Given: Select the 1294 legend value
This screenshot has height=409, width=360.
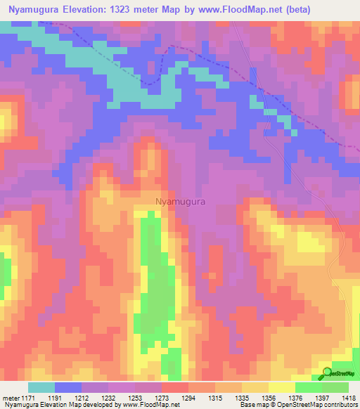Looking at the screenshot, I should coord(189,397).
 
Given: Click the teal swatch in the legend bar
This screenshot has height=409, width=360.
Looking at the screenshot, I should coord(41,387).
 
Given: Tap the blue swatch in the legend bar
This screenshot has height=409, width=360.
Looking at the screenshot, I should coord(67,387).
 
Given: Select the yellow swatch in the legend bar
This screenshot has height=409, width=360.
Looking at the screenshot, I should coord(281,387).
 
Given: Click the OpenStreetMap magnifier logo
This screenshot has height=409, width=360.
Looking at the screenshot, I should coord(326,372).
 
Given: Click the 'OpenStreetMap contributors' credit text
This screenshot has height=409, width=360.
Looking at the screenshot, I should coord(321,405).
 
